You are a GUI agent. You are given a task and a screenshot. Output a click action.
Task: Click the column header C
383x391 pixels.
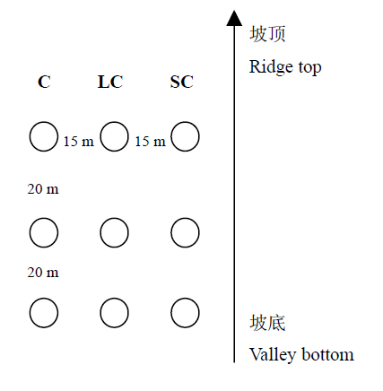(44, 82)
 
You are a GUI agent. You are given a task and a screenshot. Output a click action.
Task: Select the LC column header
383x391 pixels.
(110, 82)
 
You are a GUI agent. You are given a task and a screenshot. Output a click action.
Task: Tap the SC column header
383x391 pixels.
(182, 82)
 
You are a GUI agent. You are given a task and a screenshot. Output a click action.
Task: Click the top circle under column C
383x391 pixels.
(30, 136)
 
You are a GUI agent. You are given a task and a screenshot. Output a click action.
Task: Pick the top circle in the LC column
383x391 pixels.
(100, 136)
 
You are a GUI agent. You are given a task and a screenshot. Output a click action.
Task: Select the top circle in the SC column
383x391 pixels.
(171, 136)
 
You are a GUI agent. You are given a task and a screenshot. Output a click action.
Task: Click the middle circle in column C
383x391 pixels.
(30, 232)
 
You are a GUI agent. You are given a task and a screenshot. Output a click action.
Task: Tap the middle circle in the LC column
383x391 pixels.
(100, 232)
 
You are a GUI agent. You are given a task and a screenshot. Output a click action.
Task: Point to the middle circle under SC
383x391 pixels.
(171, 232)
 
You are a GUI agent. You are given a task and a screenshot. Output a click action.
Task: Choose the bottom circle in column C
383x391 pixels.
(30, 313)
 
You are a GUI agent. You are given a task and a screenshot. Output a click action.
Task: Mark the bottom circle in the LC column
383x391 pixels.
(100, 313)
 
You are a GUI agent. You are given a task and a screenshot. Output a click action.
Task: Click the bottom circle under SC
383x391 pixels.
(171, 313)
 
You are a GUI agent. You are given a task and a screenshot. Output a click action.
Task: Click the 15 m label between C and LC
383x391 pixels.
(79, 141)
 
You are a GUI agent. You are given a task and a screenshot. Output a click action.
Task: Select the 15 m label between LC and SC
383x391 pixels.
(150, 141)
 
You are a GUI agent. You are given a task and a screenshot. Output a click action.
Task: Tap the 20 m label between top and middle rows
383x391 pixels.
(43, 189)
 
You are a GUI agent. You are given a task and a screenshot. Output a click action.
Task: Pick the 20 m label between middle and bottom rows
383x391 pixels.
(43, 273)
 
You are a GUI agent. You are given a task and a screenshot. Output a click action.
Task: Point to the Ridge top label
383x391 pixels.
(285, 67)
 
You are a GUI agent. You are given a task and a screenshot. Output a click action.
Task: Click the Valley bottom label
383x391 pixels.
(301, 355)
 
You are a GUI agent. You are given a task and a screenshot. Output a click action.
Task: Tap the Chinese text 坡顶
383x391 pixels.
(267, 33)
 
